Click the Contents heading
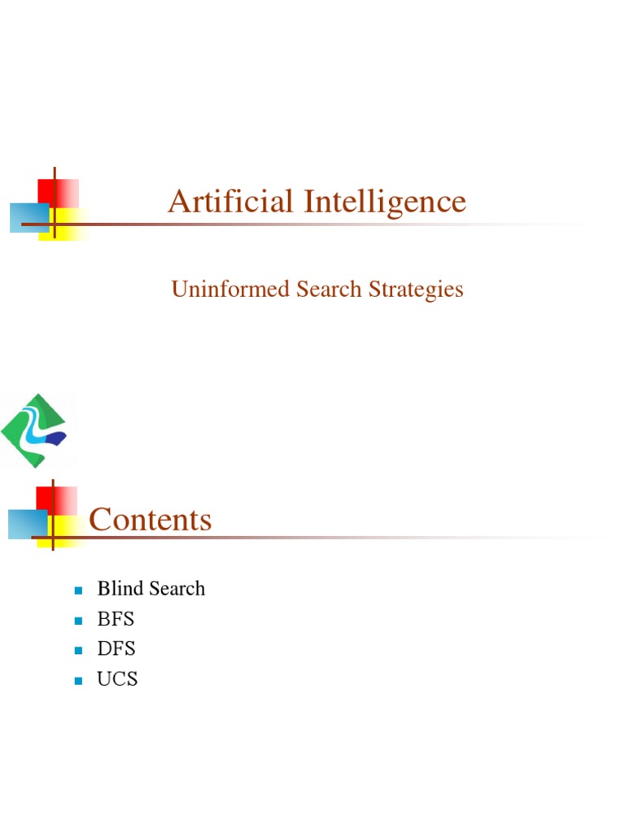[151, 519]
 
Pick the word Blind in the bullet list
[119, 588]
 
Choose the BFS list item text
[116, 619]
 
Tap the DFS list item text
[116, 649]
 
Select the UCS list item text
[117, 679]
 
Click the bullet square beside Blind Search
[79, 590]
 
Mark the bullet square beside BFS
[79, 621]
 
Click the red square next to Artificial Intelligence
[65, 192]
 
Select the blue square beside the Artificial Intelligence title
[26, 218]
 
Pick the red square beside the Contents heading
[63, 499]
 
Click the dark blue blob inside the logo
[55, 440]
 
